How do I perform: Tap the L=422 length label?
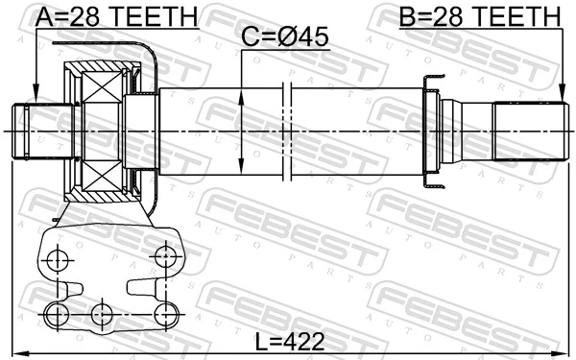[x=288, y=341]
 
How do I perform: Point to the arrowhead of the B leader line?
[x=562, y=98]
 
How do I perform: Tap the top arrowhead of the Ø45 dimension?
[x=240, y=93]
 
